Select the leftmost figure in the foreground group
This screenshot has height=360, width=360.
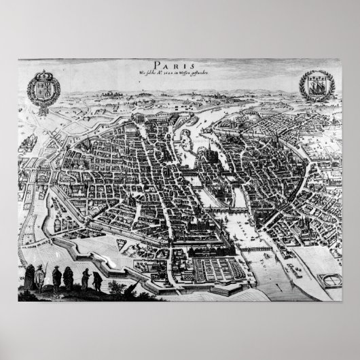30,277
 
